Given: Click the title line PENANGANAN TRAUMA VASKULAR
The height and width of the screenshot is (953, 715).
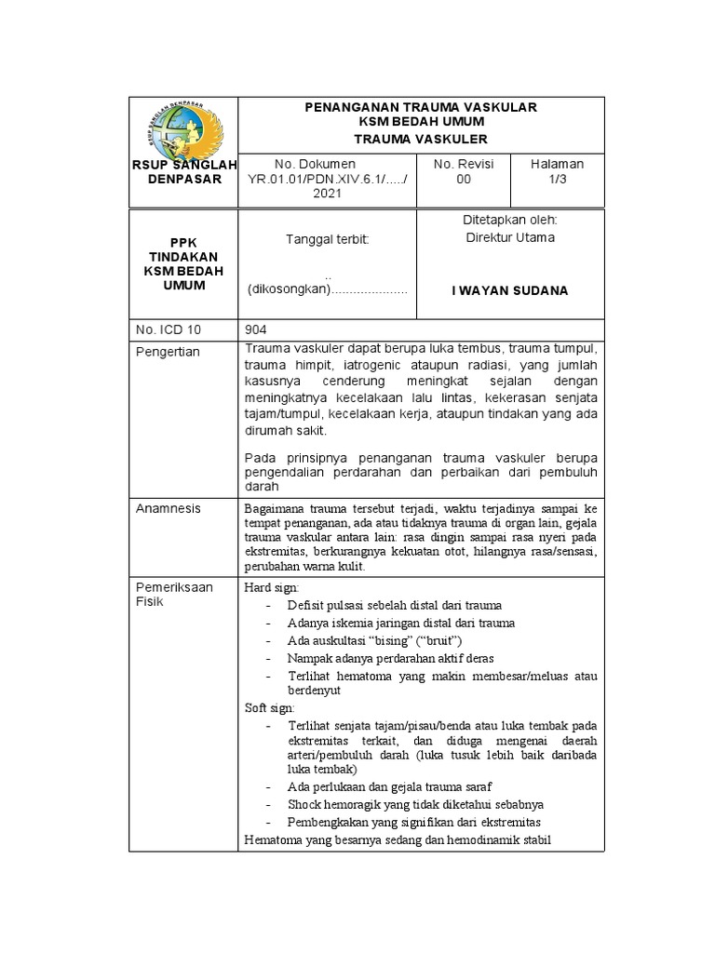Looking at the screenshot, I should pos(422,108).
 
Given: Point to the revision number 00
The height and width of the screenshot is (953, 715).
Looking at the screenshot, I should pos(464,179).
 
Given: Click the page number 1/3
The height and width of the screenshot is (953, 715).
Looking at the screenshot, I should pos(557,179).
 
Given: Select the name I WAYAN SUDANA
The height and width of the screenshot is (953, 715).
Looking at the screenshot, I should pos(509,290).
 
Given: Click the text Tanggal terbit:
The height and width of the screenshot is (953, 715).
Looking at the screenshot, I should pos(328,239).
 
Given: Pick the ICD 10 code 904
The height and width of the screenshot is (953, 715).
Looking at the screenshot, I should pos(256,329).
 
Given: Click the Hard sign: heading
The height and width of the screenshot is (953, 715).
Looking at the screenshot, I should pos(269,588).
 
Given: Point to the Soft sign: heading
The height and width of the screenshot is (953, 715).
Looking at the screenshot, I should pos(267,708).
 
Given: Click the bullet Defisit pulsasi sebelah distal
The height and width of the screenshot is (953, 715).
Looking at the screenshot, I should pos(395,606).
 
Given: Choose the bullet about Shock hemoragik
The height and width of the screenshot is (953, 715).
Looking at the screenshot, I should pos(415,804).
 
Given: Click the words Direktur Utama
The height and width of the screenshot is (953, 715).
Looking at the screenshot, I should pos(509,237).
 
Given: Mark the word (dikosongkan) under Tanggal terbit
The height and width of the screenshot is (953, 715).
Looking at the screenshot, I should pos(290,290).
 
